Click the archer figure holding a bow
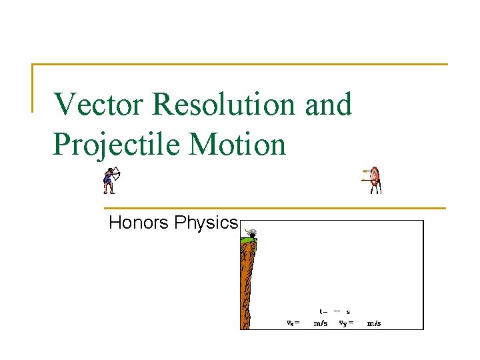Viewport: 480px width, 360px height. tap(111, 180)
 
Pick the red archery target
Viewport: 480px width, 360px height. tap(374, 179)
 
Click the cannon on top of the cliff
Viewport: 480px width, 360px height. tap(251, 233)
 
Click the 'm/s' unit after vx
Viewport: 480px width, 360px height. tap(321, 323)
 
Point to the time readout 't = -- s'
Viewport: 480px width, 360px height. tap(335, 311)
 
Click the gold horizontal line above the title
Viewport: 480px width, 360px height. tap(240, 65)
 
